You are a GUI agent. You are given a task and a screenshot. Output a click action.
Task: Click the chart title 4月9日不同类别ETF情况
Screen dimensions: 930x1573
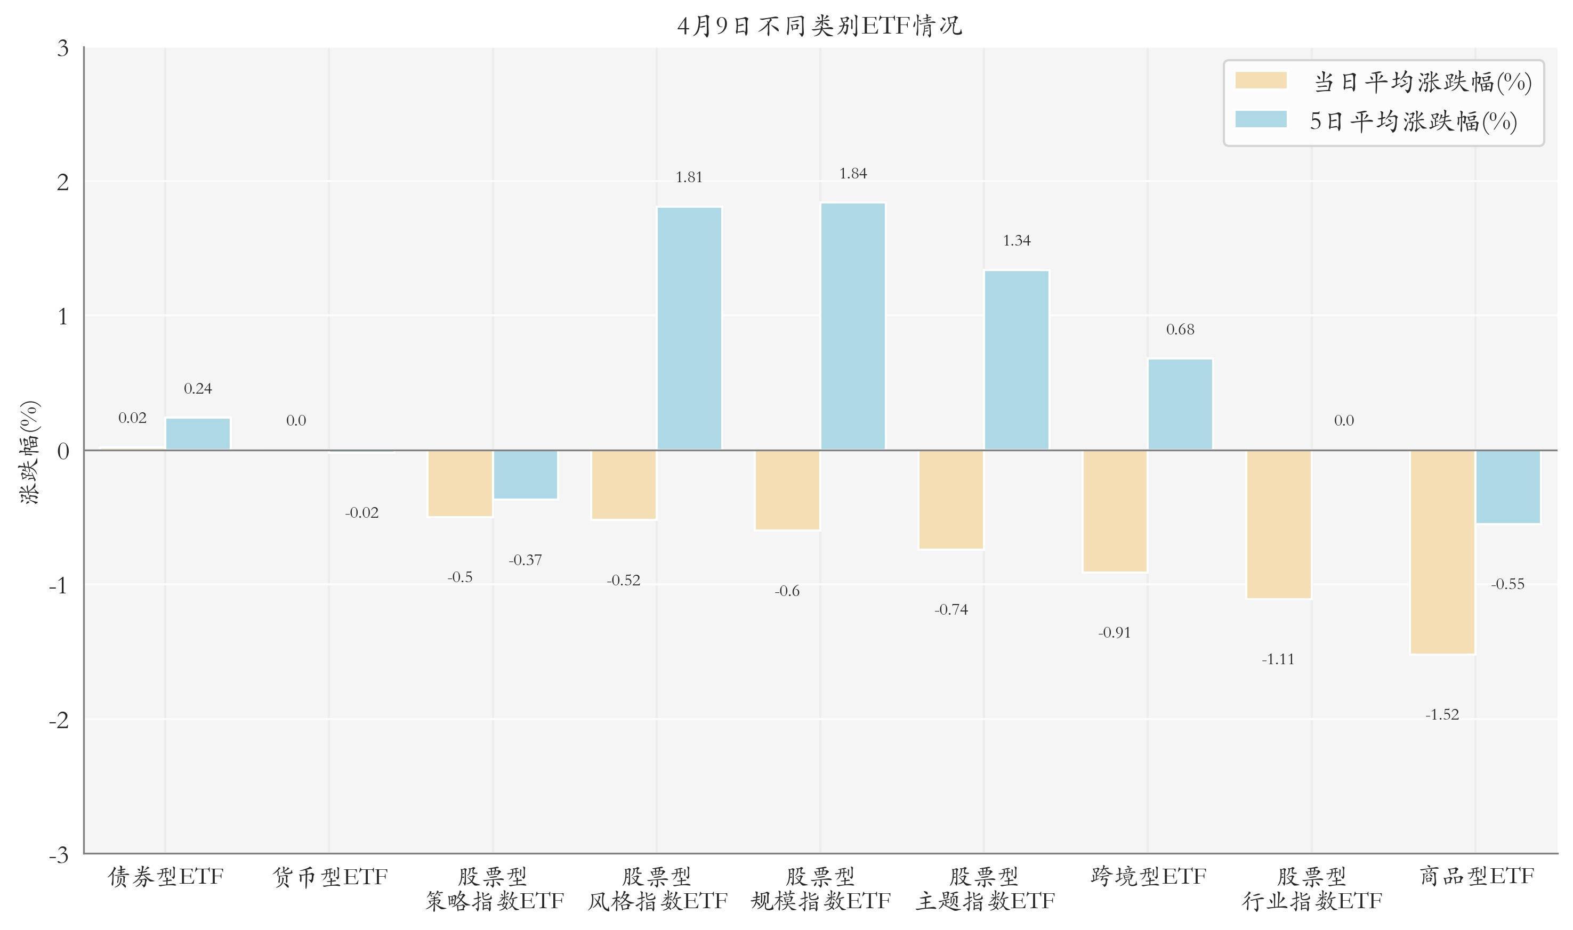coord(819,26)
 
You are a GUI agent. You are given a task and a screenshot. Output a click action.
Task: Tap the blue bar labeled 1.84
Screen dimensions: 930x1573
coord(853,326)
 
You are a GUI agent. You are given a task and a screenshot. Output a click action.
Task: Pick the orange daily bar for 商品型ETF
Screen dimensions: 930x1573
coord(1442,551)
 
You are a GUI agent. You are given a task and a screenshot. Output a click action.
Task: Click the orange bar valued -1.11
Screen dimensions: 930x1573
coord(1278,524)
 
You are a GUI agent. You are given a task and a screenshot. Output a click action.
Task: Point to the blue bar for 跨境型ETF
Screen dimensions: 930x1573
coord(1180,404)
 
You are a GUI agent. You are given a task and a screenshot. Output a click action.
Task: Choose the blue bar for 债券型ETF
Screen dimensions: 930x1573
coord(197,434)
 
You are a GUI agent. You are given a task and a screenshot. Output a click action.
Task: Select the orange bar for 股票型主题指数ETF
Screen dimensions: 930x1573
coord(951,499)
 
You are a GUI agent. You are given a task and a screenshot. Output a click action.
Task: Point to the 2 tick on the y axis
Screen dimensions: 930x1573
coord(63,182)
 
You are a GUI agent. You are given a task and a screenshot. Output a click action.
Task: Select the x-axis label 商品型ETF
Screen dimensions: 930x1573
coord(1477,876)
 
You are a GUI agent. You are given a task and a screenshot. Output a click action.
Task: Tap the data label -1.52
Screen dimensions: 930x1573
coord(1442,714)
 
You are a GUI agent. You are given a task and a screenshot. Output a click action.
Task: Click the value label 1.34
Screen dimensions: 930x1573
coord(1017,241)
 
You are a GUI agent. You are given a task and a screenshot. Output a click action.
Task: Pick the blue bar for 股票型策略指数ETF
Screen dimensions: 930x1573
coord(526,475)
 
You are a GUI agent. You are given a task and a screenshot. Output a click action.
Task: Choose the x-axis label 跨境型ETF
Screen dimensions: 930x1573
coord(1148,876)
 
